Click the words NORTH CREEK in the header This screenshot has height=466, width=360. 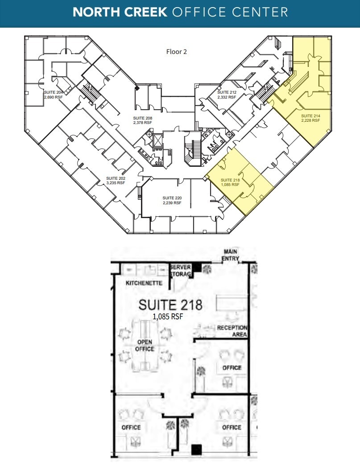coord(119,12)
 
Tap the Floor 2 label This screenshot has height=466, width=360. coord(176,52)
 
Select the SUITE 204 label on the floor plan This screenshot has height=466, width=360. coord(54,92)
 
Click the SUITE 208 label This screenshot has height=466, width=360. coord(142,118)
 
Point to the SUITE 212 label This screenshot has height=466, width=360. coord(226,92)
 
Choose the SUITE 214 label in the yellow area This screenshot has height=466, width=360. coord(310,116)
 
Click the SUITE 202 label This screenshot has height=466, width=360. coord(116,178)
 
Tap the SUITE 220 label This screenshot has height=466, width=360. coord(172,198)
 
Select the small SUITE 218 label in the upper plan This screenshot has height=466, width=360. coord(230,180)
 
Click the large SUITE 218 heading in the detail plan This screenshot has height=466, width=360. coord(170,305)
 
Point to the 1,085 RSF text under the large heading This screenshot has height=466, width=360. coord(168,317)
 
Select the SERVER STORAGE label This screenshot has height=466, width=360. coord(180,270)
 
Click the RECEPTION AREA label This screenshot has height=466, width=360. coord(232,331)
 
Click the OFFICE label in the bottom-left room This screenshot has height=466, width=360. coord(131,427)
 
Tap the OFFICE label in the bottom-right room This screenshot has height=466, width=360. coord(232,427)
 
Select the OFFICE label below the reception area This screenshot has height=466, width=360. coord(232,367)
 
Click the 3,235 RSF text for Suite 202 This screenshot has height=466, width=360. coord(116,183)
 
